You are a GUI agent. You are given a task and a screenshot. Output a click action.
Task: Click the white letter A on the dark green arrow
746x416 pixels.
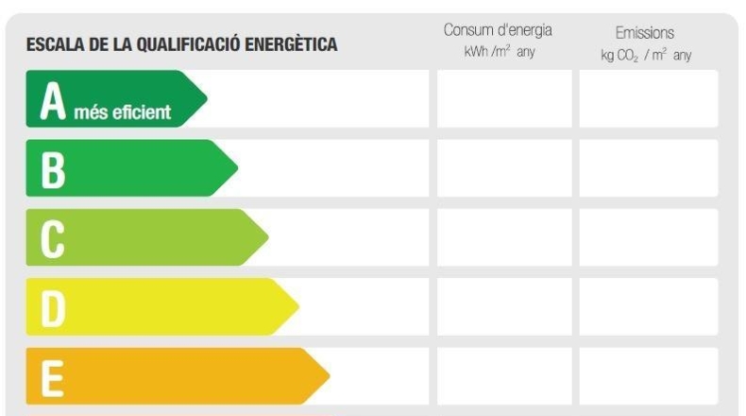tap(53, 100)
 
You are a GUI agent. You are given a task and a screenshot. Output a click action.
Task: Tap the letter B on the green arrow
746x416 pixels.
tap(53, 170)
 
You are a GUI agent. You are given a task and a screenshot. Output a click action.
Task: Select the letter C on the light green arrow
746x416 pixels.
tap(52, 239)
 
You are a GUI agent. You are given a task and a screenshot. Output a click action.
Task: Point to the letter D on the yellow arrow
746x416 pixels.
tap(53, 309)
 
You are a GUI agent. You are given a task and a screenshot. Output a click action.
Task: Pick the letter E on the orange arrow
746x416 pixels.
tap(52, 379)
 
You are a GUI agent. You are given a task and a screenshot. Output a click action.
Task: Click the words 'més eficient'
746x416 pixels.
tap(122, 112)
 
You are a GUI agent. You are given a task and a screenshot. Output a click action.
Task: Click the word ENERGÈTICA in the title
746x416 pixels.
tap(291, 44)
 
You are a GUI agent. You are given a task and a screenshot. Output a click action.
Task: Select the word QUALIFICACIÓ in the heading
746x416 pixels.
tap(189, 44)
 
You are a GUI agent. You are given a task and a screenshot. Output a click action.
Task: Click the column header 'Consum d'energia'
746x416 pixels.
tap(498, 30)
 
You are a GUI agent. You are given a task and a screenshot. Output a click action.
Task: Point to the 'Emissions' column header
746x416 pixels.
tap(645, 33)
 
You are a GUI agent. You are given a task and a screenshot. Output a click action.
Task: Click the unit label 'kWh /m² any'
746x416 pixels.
tap(500, 51)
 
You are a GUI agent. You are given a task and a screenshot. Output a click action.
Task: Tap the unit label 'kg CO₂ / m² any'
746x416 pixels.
tap(646, 55)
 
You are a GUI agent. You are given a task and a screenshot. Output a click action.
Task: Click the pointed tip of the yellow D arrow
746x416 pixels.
tap(298, 307)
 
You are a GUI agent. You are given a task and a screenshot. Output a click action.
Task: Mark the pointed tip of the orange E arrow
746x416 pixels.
tap(330, 376)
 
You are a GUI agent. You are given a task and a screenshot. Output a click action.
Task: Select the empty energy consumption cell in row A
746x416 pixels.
tap(504, 98)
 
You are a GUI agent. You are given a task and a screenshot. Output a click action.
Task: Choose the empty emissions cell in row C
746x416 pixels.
tap(649, 237)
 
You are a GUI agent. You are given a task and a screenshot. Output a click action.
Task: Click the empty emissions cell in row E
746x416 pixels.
tap(649, 376)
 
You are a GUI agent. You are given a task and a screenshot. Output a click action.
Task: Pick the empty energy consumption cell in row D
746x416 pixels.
tap(504, 307)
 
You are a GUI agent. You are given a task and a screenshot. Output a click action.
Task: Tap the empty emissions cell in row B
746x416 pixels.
tap(649, 168)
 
